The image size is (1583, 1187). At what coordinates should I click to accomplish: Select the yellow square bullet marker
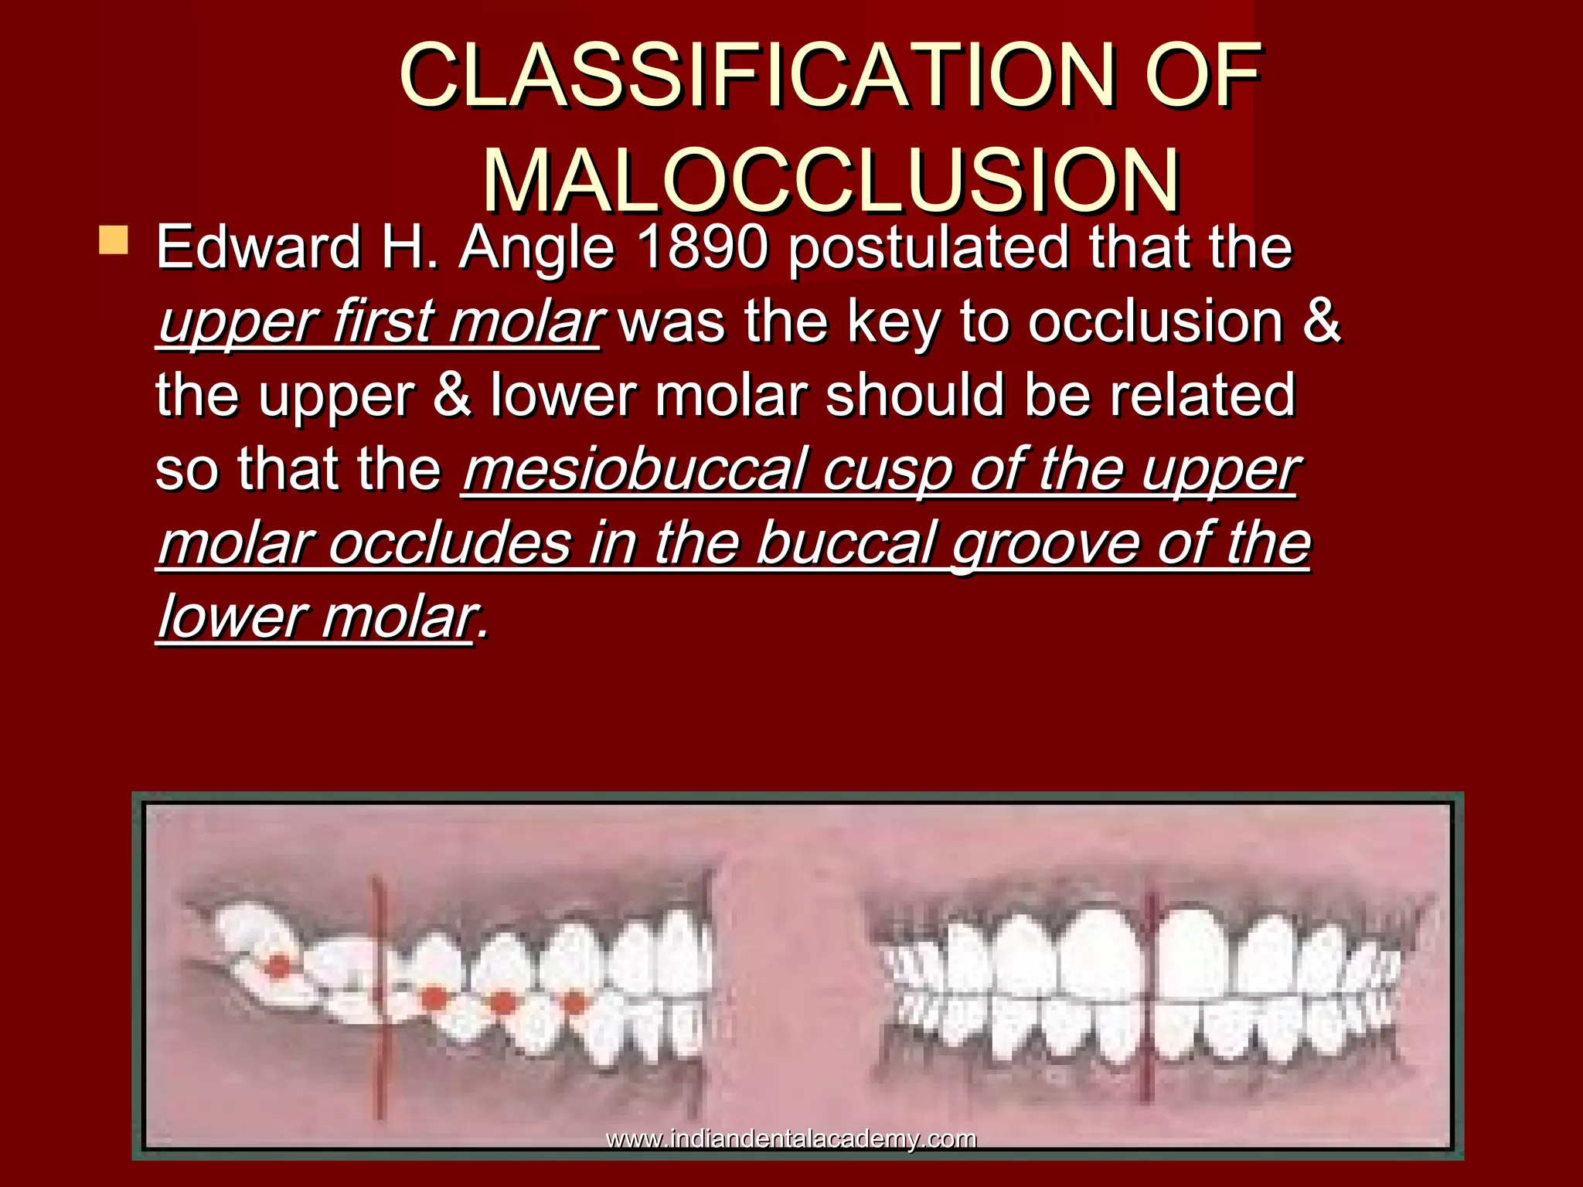coord(114,240)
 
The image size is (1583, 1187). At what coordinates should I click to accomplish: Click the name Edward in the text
coord(258,247)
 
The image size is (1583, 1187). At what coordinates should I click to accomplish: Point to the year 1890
coord(703,247)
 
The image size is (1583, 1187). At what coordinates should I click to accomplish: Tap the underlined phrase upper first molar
coord(379,322)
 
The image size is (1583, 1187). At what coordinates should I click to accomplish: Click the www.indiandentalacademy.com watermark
coord(791,1139)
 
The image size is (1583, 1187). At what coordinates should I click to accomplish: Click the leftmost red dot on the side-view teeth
coord(277,966)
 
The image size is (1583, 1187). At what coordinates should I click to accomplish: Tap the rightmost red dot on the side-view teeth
coord(574,1002)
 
